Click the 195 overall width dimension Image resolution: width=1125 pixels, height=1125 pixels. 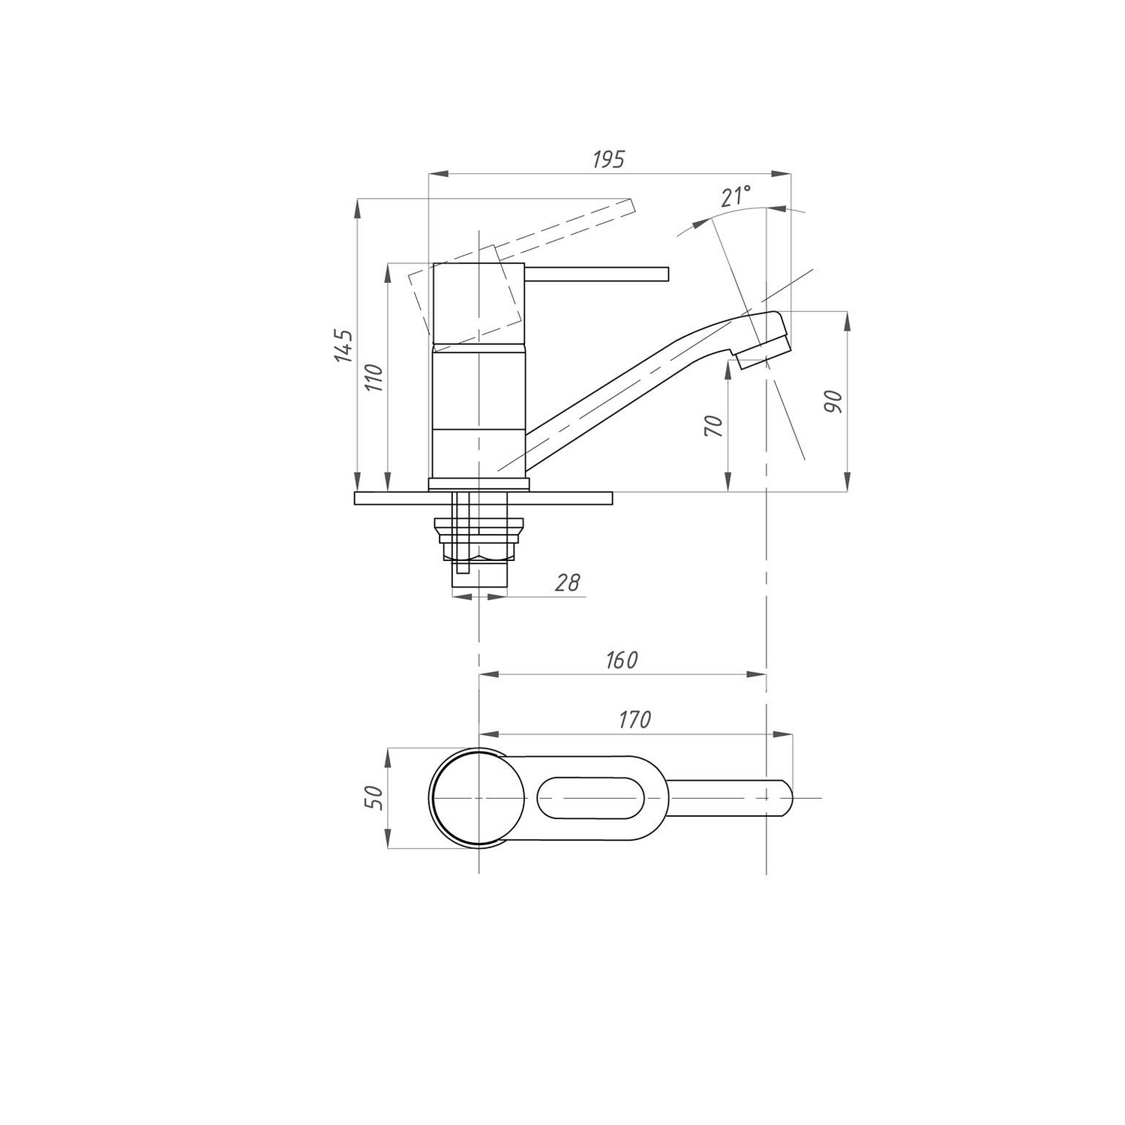(608, 160)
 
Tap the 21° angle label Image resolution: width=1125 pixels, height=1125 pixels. (736, 196)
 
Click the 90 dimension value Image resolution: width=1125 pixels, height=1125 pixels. (834, 402)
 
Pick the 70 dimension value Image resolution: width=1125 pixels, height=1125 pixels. (715, 426)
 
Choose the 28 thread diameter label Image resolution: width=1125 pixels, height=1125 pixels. (568, 582)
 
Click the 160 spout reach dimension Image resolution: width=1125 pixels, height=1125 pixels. (622, 660)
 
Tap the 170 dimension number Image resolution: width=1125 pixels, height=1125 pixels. (634, 719)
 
